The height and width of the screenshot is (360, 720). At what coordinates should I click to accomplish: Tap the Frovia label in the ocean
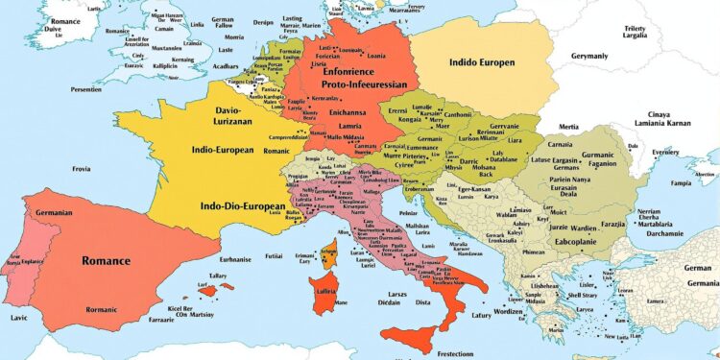tap(83, 169)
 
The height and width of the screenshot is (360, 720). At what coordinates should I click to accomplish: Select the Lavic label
tap(19, 318)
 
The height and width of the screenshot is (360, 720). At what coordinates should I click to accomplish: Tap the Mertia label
tap(568, 127)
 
